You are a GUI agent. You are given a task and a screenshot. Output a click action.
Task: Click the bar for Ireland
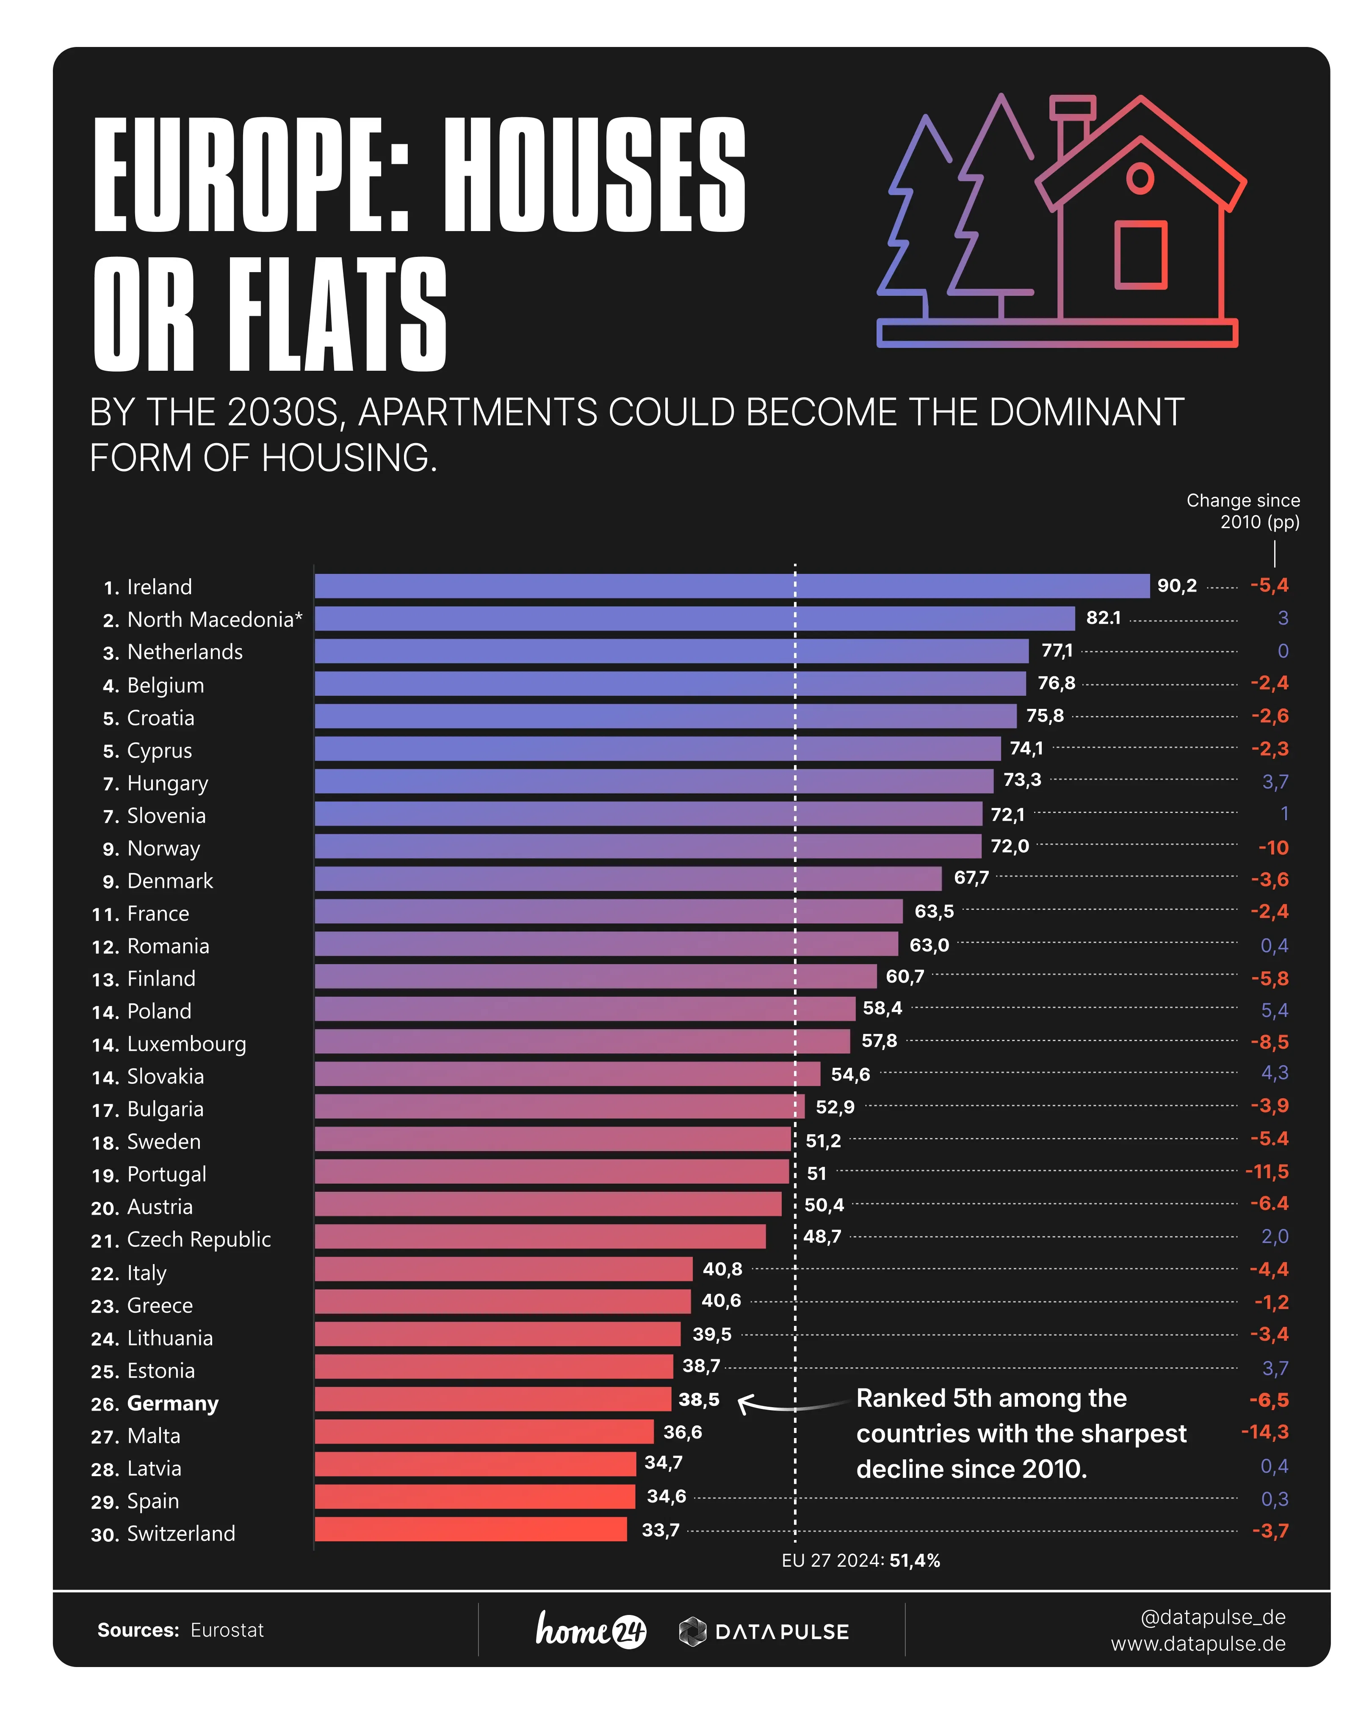732,586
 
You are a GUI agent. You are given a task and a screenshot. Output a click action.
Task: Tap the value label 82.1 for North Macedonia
1103,618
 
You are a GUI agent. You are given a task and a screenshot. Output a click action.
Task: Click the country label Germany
173,1403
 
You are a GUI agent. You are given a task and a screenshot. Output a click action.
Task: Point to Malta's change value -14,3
1264,1432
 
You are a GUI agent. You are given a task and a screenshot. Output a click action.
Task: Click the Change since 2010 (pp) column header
1243,511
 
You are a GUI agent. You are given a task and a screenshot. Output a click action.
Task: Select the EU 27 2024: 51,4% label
860,1560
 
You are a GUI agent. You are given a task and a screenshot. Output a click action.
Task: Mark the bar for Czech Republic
540,1236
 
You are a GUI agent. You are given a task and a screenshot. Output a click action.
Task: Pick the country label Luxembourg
186,1044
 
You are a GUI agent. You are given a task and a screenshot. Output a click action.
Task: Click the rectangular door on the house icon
1140,254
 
